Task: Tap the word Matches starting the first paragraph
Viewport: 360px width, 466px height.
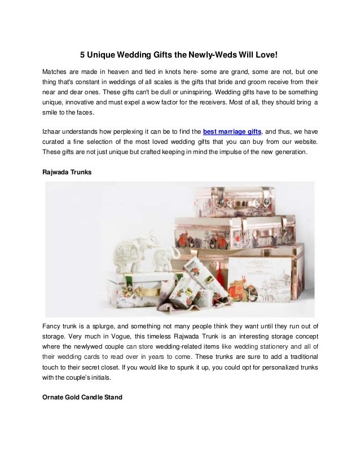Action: (x=56, y=72)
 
